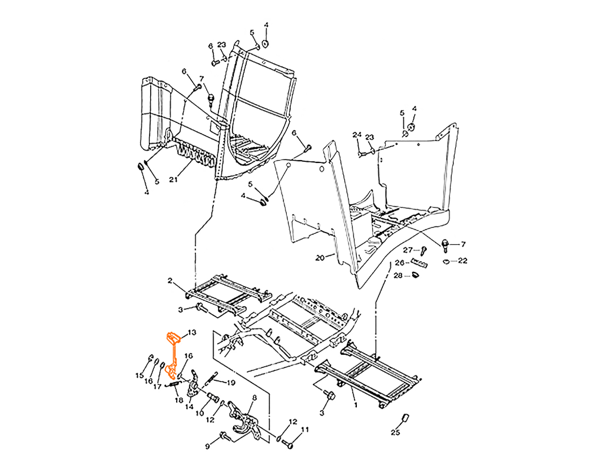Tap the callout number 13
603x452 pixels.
tap(191, 332)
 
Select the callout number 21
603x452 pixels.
tap(174, 180)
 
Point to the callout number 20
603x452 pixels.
tap(320, 258)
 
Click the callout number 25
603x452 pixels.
tap(395, 433)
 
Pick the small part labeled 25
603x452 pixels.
tap(405, 418)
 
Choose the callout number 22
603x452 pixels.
tap(463, 261)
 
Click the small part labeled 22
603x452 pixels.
tap(446, 261)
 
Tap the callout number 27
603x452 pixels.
tap(408, 250)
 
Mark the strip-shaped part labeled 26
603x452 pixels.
tap(419, 263)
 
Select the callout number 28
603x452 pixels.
tap(398, 275)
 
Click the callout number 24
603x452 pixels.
tap(357, 135)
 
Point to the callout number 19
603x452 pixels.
tap(231, 383)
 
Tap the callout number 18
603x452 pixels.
tap(179, 400)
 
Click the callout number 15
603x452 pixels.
tap(140, 375)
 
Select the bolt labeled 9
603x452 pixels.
tap(225, 437)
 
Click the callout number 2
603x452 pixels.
tap(170, 281)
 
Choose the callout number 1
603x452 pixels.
tap(356, 405)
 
